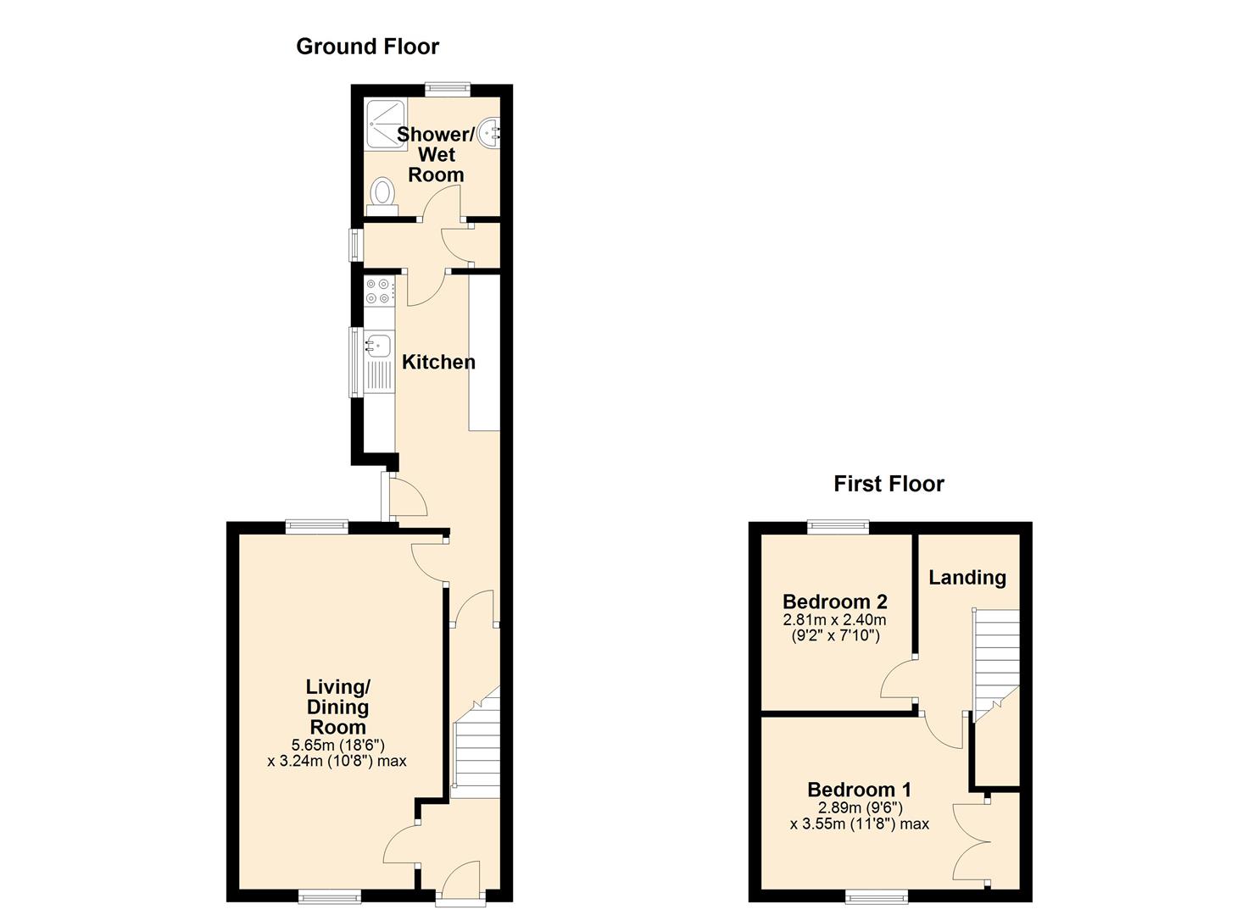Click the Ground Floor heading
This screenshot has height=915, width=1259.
(x=368, y=47)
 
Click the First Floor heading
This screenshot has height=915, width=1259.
(x=889, y=484)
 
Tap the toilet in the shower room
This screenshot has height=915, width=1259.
(x=382, y=196)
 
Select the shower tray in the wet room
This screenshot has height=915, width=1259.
(x=385, y=125)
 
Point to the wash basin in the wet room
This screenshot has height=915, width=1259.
(x=489, y=133)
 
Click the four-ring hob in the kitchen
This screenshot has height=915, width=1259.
(x=379, y=291)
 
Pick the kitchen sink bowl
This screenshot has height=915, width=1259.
(x=379, y=344)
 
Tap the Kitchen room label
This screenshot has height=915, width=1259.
(x=438, y=363)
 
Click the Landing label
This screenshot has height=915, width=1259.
(x=967, y=578)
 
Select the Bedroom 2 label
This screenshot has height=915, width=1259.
(x=834, y=602)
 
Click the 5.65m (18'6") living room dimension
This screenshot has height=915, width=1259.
(x=337, y=746)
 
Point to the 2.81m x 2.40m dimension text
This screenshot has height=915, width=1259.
(x=834, y=620)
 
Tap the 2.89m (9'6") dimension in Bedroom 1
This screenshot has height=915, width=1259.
(x=860, y=807)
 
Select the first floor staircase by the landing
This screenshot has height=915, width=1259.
(x=996, y=666)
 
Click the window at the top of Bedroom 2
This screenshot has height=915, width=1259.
(x=838, y=526)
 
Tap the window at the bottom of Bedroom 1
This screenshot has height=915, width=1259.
(x=877, y=897)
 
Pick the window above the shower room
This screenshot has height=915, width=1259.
(x=448, y=89)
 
